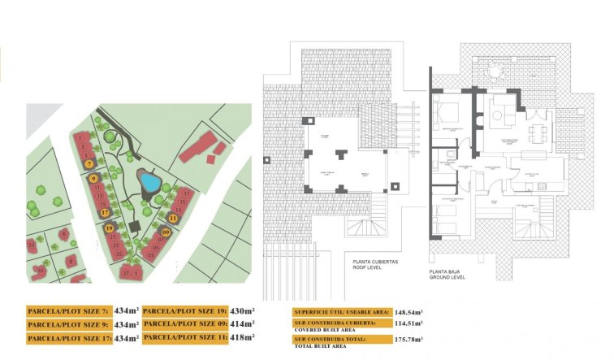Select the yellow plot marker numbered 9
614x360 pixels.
click(94, 178)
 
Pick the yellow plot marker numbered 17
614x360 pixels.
click(105, 213)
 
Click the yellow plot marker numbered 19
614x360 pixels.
click(109, 228)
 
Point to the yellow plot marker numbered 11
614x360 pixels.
click(173, 218)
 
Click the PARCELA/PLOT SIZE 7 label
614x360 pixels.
click(68, 311)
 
